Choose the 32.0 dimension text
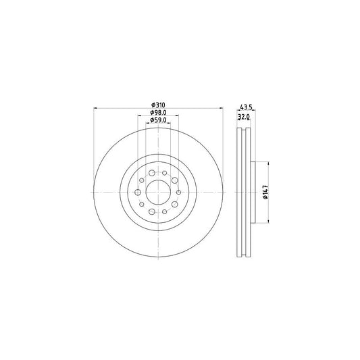point(244,116)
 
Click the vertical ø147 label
point(267,192)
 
